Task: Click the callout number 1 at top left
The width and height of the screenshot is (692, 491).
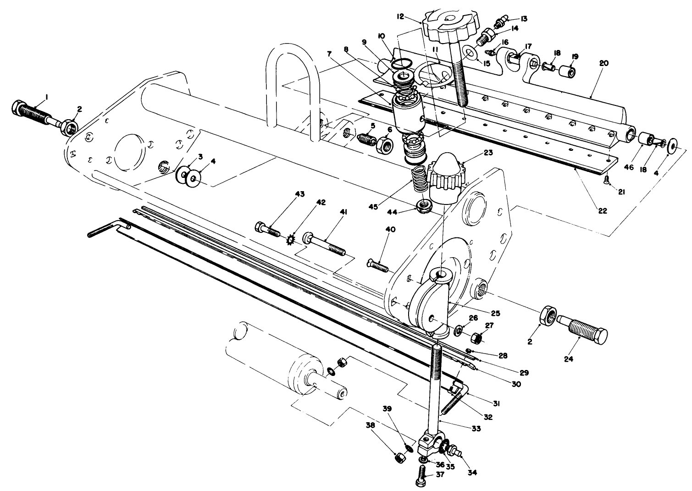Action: [46, 98]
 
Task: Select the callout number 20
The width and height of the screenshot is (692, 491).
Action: [603, 63]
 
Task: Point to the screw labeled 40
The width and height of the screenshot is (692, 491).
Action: [377, 265]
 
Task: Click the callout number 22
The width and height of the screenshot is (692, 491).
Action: [603, 211]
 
